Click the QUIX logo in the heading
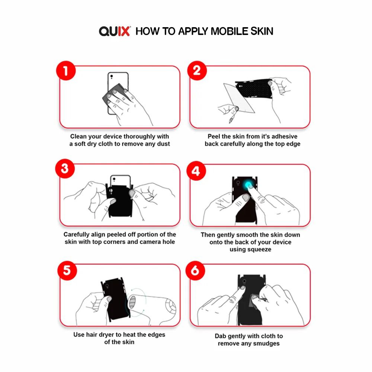pos(115,31)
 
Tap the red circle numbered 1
pos(66,70)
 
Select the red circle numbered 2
pos(197,70)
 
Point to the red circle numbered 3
pos(65,169)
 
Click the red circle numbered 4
pos(196,171)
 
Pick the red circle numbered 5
pos(67,270)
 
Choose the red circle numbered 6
pos(195,270)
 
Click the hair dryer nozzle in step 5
pos(132,302)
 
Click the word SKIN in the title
pos(262,31)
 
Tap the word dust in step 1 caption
pos(163,144)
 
